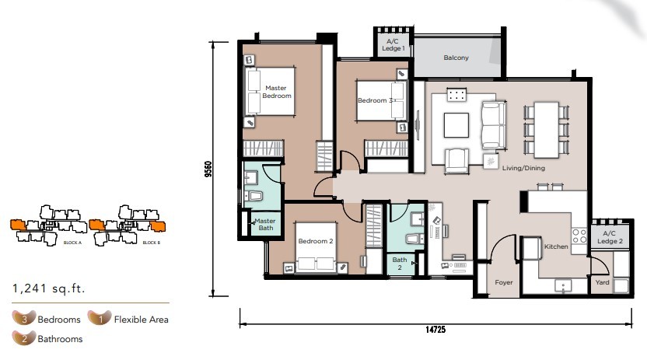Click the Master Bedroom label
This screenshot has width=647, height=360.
[x=277, y=92]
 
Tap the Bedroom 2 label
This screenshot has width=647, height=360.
[x=316, y=241]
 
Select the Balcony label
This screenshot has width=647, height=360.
[x=456, y=58]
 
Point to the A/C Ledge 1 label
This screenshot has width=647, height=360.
[x=393, y=44]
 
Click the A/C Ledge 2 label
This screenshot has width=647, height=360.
[x=610, y=237]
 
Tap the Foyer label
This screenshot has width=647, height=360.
[x=504, y=282]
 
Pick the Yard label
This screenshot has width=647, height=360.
[x=602, y=282]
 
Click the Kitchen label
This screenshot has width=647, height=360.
[x=556, y=246]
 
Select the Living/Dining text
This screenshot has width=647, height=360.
[x=523, y=168]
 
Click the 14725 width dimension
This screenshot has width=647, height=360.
[x=435, y=330]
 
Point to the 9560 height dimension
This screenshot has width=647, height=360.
[x=208, y=169]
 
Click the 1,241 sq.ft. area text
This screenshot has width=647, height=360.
[x=48, y=288]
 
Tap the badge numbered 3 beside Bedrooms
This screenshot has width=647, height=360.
[x=24, y=318]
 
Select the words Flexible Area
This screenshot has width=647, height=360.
[x=141, y=320]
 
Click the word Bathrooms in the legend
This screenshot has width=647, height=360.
[x=60, y=339]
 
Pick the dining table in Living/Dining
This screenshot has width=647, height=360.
[x=547, y=130]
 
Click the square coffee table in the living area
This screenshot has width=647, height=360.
[x=456, y=125]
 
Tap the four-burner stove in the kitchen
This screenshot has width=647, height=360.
[x=579, y=236]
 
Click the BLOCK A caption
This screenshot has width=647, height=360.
[x=72, y=243]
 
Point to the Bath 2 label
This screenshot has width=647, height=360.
[x=400, y=264]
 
